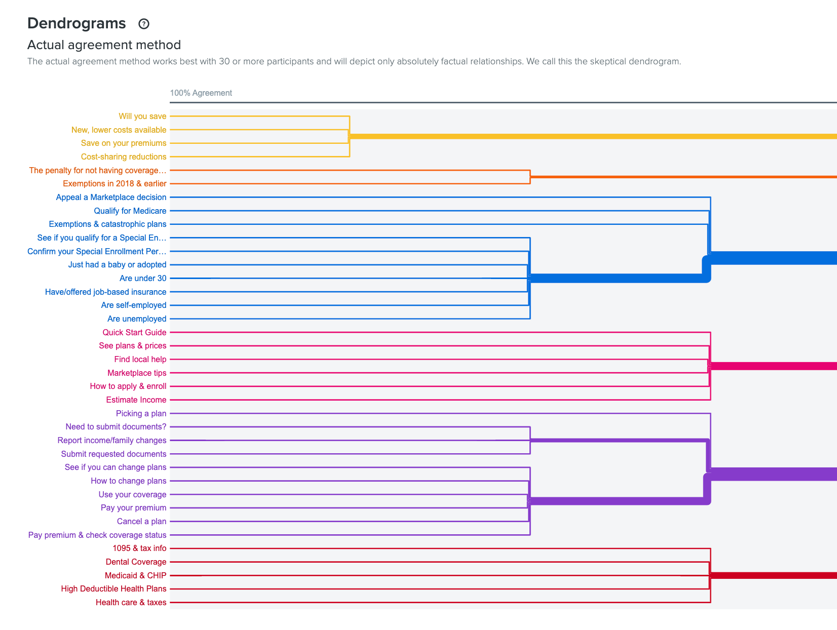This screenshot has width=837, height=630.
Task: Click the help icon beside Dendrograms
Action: [x=144, y=24]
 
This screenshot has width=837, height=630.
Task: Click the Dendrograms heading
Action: [x=77, y=23]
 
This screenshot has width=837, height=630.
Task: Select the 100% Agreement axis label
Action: [x=201, y=93]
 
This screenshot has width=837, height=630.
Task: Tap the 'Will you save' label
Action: [x=142, y=116]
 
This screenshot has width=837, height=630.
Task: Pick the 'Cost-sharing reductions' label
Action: [x=124, y=157]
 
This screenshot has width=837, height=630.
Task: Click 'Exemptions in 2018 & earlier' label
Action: [x=115, y=184]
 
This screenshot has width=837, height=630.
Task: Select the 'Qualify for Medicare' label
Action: [x=130, y=211]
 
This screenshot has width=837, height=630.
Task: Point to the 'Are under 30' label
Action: [x=143, y=279]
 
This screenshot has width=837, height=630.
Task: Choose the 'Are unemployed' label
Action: [x=137, y=319]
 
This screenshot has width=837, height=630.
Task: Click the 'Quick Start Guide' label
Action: [x=134, y=333]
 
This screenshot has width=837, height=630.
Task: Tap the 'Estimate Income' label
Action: [x=136, y=400]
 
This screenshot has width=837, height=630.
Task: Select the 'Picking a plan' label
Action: [x=141, y=414]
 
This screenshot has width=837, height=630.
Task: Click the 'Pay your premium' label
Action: [x=133, y=508]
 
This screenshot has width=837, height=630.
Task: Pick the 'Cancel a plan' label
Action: [x=141, y=522]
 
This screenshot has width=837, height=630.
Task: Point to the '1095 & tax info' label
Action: [x=139, y=548]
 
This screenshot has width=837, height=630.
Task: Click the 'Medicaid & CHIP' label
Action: [x=135, y=576]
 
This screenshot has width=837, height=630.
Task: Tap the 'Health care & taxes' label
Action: [x=131, y=603]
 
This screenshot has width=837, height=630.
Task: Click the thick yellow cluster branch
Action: [x=583, y=136]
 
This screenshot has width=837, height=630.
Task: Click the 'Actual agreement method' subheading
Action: [x=104, y=45]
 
